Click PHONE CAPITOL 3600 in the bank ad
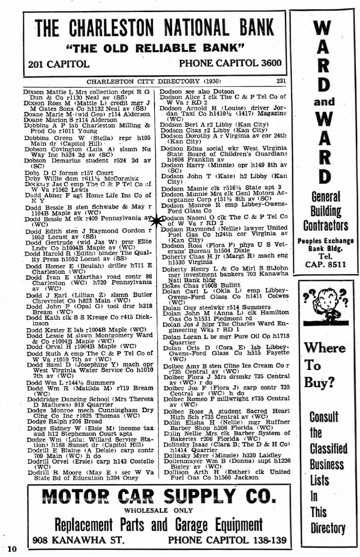coord(230,63)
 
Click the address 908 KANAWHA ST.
coord(79,540)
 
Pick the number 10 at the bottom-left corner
coord(12,549)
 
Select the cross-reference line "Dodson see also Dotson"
coord(197,91)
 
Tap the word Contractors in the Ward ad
coord(325,226)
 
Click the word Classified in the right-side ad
coord(328,448)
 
